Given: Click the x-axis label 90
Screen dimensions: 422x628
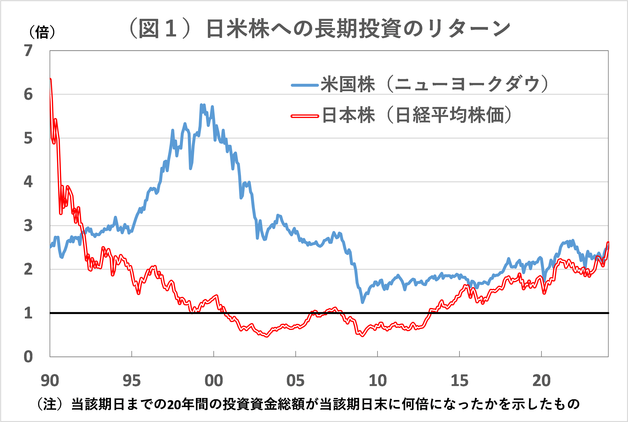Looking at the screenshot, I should tap(50, 381).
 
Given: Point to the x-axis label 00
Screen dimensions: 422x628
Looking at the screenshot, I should tap(214, 381).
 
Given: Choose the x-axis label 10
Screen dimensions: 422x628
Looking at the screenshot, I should tap(378, 381).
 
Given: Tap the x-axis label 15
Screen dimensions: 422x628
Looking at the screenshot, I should tap(459, 381).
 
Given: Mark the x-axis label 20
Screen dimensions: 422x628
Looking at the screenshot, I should tap(541, 381).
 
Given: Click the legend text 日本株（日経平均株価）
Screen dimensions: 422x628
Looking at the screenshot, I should tap(416, 115).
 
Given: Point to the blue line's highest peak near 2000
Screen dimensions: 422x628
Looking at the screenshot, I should tap(201, 105).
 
